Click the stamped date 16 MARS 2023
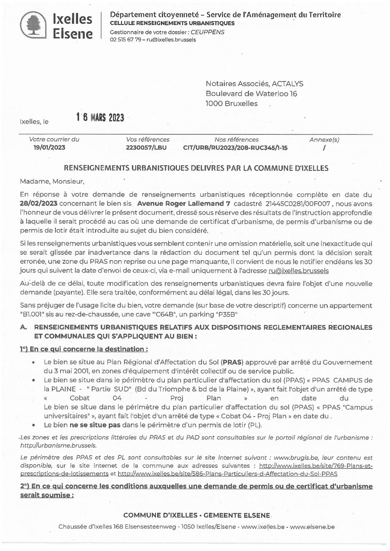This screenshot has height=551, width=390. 100,117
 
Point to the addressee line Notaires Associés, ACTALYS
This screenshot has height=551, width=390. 254,84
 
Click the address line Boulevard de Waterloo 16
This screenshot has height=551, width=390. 251,94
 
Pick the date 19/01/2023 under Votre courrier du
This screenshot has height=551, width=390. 49,148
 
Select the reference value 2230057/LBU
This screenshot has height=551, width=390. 146,148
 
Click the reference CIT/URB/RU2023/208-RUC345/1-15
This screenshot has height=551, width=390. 235,148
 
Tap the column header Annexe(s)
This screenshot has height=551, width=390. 324,140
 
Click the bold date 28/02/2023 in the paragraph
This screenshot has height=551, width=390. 39,204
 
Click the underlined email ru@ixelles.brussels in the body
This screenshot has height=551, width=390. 298,271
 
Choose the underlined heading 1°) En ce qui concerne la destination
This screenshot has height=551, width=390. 84,349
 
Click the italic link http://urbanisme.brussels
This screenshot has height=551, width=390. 58,445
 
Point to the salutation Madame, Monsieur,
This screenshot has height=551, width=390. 52,181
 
